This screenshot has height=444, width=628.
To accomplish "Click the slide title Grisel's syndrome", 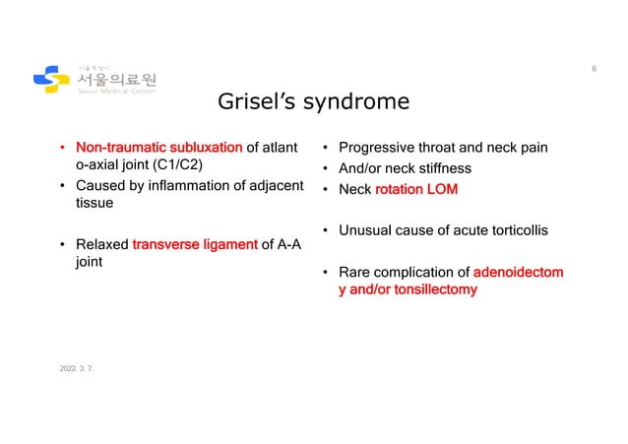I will point(314,102).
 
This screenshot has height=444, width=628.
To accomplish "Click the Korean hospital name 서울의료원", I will point(115,78).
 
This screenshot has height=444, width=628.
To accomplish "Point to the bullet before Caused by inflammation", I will point(64,187).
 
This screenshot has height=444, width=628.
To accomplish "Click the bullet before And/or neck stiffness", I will point(326,168).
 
